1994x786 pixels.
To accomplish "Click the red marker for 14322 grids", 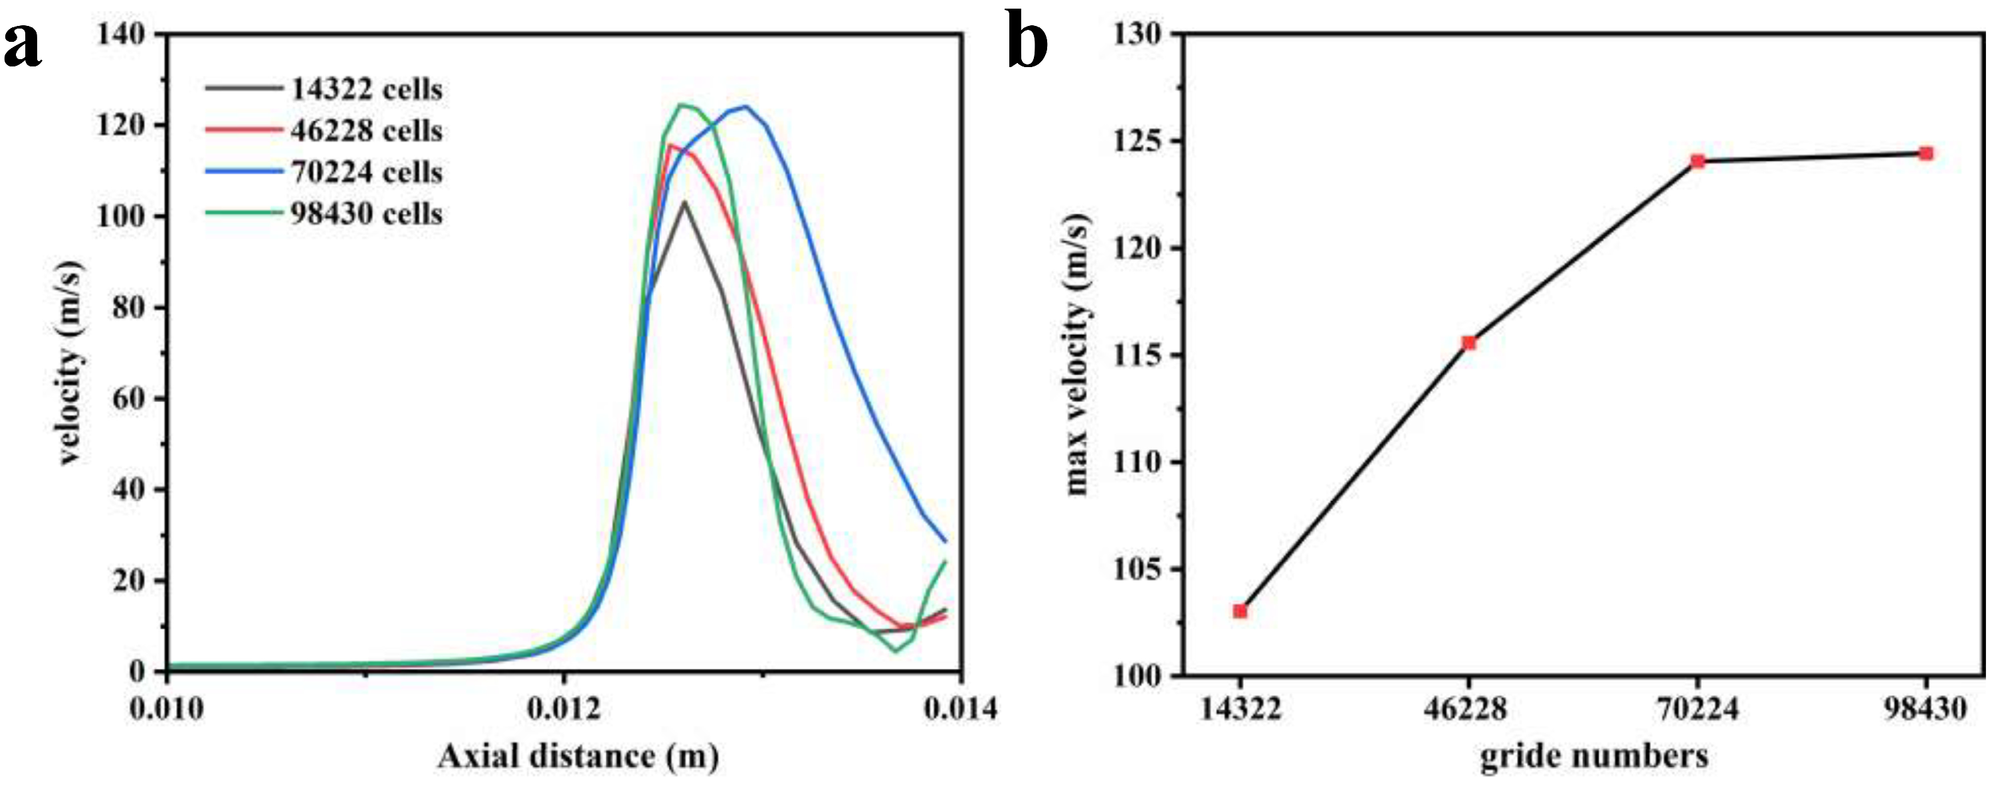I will (x=1240, y=611).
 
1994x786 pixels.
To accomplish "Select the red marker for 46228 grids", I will (x=1468, y=343).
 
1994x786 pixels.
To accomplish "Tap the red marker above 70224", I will (x=1698, y=161).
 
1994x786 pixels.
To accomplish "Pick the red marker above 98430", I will (x=1926, y=153).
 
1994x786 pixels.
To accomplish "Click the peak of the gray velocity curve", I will (x=684, y=202).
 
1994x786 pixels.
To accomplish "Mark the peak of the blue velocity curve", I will (x=746, y=106).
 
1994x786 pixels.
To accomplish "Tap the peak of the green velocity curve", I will (x=681, y=104).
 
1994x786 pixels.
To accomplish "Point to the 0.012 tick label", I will (x=563, y=708).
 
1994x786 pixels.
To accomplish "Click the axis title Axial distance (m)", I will (x=577, y=757).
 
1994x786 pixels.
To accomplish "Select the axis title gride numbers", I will (x=1594, y=757).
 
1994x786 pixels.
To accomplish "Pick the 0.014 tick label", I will (x=961, y=708).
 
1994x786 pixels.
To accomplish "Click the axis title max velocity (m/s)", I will (x=1078, y=354).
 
